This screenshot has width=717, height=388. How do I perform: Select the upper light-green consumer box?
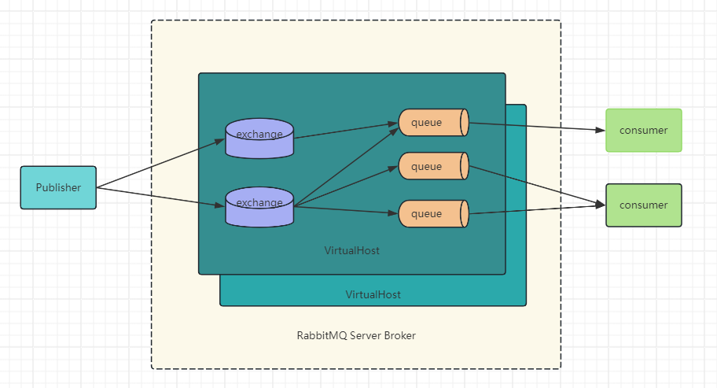point(643,130)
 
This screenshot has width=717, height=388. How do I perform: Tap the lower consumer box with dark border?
point(643,205)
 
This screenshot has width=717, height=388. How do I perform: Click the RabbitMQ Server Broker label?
point(355,336)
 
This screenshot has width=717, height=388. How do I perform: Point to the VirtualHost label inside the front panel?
point(351,251)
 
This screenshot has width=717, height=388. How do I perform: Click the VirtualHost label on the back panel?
point(373,294)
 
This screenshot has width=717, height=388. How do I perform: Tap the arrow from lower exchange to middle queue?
point(346,187)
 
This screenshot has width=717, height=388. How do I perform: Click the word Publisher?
point(58,187)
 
